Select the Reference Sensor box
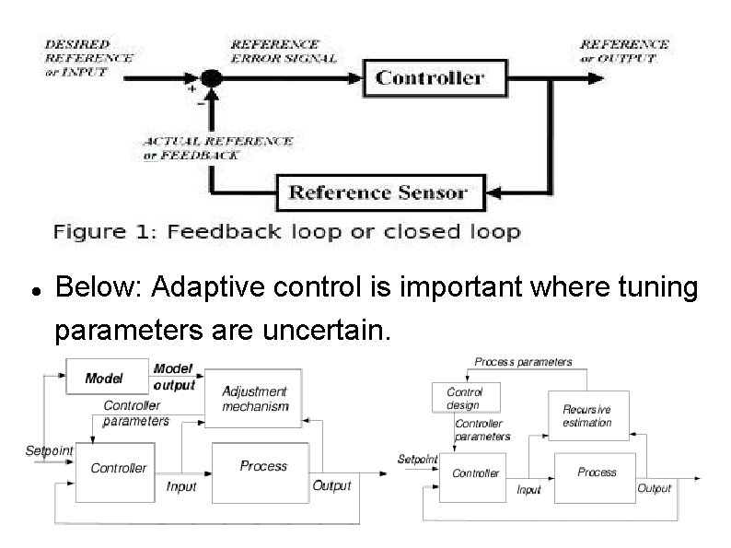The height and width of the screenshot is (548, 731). coord(377,193)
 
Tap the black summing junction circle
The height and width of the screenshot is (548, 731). coord(212,78)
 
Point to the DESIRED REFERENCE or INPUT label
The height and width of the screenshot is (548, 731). coord(87,57)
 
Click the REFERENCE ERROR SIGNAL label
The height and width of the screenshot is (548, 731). coord(283,51)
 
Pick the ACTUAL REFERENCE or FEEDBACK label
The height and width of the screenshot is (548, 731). coord(218,148)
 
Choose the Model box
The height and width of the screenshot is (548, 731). coord(106,378)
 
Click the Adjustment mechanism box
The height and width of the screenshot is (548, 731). coord(254,399)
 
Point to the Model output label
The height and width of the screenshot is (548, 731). coord(174,377)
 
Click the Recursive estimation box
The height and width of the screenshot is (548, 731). coord(586,416)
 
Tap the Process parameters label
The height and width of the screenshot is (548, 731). coord(523,362)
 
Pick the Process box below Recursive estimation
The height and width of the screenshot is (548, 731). coord(596,472)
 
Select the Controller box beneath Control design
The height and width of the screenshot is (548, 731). coord(475,473)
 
